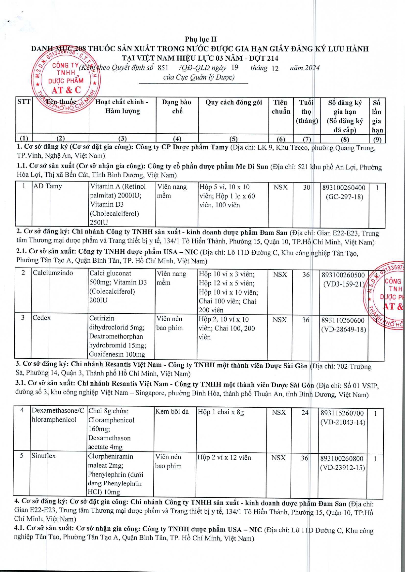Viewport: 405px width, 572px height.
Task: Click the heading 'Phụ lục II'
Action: coord(201,39)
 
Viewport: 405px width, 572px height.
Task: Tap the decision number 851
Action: coord(163,68)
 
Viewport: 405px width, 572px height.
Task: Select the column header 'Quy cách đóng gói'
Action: coord(233,102)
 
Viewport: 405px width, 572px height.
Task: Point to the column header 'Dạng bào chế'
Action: coord(177,107)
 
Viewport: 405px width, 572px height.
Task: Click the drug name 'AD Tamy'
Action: coord(48,186)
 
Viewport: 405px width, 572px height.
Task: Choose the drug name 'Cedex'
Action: coord(41,318)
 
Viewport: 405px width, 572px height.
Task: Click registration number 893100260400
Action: coord(344,188)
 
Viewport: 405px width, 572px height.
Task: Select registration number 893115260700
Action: coord(342,413)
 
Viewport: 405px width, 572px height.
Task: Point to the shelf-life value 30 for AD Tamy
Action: coord(307,187)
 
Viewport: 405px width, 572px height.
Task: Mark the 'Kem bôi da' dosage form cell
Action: coord(172,412)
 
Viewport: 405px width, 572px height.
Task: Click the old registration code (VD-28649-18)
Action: coord(344,330)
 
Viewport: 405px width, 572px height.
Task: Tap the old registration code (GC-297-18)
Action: coord(344,197)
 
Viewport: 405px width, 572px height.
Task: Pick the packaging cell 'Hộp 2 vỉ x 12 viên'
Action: coord(224,458)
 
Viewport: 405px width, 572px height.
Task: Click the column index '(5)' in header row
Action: coord(233,139)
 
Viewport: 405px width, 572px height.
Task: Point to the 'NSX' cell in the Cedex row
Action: coord(279,320)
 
